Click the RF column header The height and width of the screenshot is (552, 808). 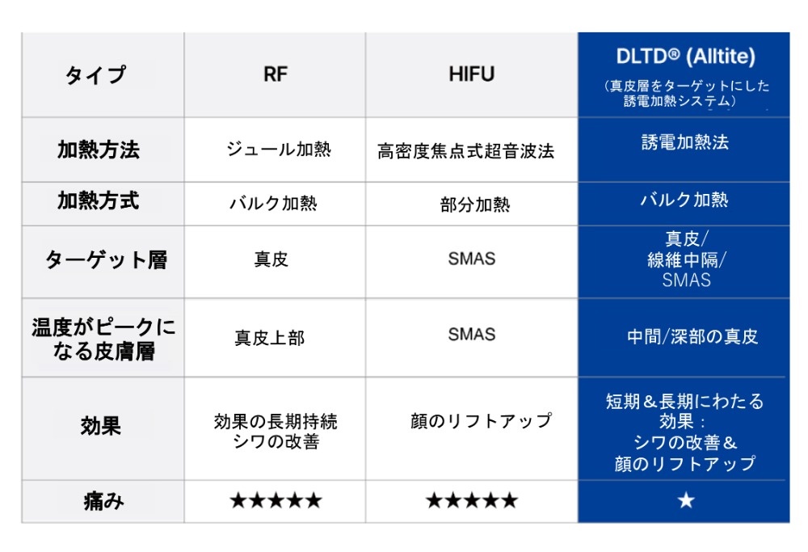pos(276,74)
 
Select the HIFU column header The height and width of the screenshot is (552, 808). pos(472,74)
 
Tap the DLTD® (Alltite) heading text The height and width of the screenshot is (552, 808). pos(685,57)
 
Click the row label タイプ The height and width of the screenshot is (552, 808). pos(95,75)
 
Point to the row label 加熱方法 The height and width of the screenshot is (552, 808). pos(99,150)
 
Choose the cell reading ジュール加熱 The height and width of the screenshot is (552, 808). pos(279,150)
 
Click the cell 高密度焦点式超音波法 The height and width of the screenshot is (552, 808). pos(466,151)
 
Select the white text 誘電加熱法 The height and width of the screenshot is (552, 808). pos(685,142)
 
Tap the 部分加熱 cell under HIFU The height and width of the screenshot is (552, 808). pos(475,204)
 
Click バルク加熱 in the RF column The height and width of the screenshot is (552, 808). pos(273,203)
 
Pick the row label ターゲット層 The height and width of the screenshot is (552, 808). pos(106,259)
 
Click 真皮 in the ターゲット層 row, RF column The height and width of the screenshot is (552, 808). pos(271,259)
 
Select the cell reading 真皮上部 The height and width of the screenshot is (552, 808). pos(270,338)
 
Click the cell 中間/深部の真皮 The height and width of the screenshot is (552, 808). pos(692,336)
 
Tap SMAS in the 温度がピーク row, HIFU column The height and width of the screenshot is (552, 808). pos(472,335)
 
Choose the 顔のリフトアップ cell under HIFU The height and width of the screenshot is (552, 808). pos(481,420)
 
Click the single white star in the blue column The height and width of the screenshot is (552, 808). pos(686,500)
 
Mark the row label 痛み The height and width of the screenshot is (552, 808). pos(103,501)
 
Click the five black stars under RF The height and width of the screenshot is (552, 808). pos(276,500)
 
